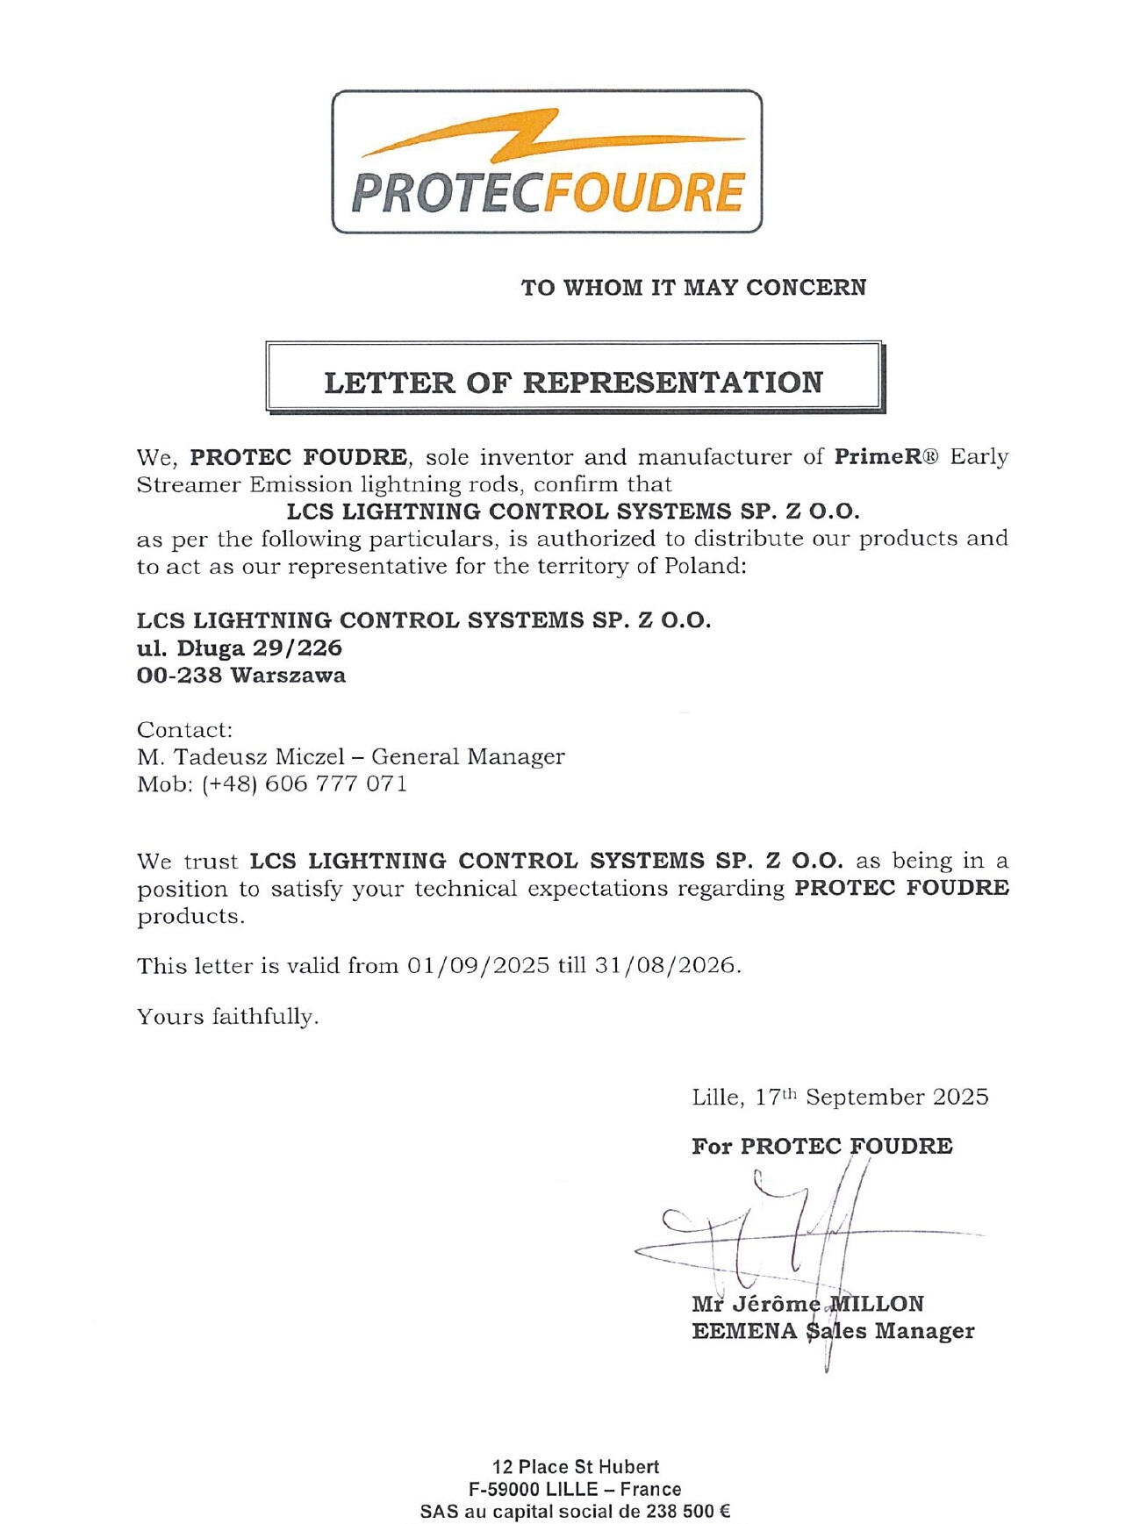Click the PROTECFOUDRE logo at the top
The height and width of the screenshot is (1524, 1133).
[546, 162]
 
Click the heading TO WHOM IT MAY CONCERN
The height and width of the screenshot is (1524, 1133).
[693, 288]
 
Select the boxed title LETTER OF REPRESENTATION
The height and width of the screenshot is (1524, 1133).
[573, 383]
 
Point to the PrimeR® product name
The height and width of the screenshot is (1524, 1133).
[886, 456]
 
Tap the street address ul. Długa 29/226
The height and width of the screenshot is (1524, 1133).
[240, 648]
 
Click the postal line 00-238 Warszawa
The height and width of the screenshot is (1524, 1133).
[241, 676]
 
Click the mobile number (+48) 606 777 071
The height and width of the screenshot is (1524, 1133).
[305, 783]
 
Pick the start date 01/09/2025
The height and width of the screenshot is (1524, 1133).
[477, 966]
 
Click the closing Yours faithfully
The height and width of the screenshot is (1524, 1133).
[227, 1017]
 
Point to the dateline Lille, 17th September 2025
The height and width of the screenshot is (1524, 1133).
[839, 1098]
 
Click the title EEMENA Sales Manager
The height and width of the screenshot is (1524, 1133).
[832, 1331]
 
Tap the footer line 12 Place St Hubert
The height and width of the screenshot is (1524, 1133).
[575, 1466]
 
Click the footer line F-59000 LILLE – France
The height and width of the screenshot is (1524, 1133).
[575, 1489]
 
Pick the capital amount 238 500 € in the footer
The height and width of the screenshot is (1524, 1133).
[688, 1512]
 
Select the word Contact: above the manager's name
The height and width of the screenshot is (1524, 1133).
[184, 730]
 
